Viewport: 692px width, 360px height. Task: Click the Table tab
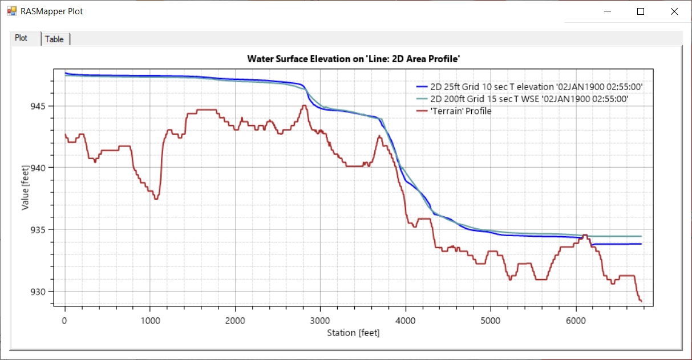55,39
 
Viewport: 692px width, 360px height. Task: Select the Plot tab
21,38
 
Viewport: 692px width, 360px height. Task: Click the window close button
674,11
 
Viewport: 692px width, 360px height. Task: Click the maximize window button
641,11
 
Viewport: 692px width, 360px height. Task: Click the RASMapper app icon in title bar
11,11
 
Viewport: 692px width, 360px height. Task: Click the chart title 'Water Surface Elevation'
354,59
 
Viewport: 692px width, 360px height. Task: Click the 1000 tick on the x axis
150,320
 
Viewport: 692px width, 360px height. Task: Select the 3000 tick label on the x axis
320,320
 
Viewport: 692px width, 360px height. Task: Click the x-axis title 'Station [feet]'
353,333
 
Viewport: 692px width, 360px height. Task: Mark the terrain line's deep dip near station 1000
156,198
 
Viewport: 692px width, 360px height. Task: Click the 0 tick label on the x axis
65,320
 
